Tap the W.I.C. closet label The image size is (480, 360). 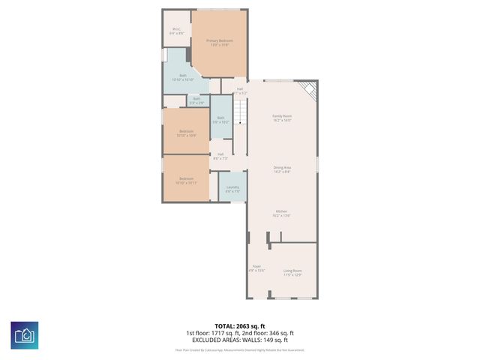pyautogui.click(x=175, y=31)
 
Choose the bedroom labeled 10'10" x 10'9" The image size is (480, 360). pyautogui.click(x=186, y=133)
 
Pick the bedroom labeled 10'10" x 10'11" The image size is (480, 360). pyautogui.click(x=185, y=179)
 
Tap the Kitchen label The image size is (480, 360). pyautogui.click(x=281, y=214)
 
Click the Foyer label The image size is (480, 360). pyautogui.click(x=256, y=268)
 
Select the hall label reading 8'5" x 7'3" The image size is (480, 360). pyautogui.click(x=220, y=157)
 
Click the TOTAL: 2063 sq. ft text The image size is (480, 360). pyautogui.click(x=240, y=325)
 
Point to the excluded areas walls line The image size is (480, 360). pyautogui.click(x=240, y=339)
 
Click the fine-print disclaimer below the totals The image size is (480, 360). pyautogui.click(x=240, y=349)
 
